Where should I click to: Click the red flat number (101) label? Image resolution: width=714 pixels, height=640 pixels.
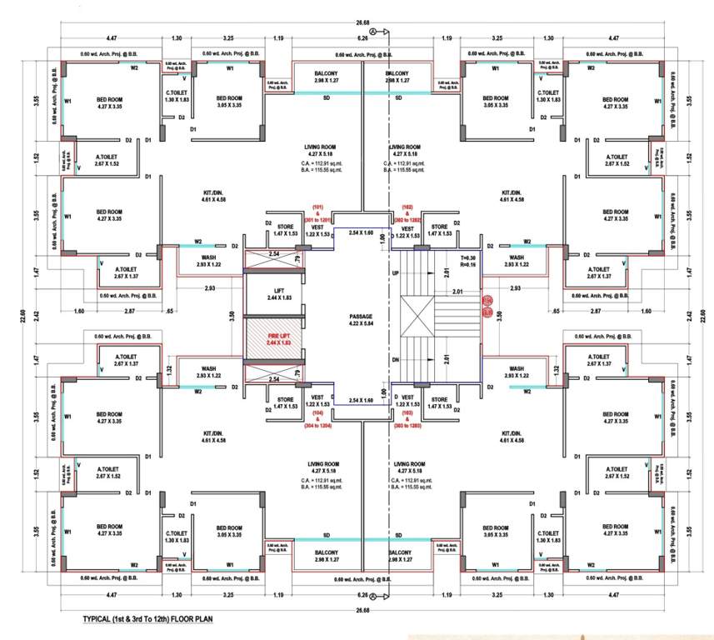pyautogui.click(x=317, y=206)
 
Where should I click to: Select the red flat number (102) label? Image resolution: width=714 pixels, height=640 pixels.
pyautogui.click(x=407, y=206)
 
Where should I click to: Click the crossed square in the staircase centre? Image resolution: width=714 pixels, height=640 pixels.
pyautogui.click(x=416, y=317)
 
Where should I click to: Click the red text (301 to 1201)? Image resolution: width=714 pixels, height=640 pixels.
pyautogui.click(x=317, y=219)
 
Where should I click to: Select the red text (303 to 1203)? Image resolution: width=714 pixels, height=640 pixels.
pyautogui.click(x=407, y=426)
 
